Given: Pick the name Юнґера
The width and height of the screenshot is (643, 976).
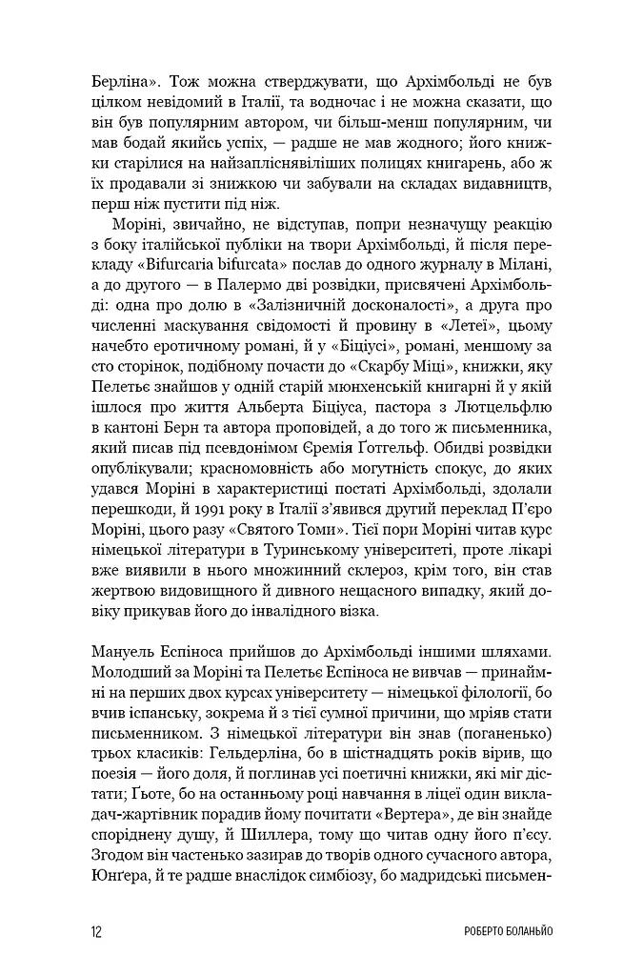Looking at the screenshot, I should click(x=119, y=885).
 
